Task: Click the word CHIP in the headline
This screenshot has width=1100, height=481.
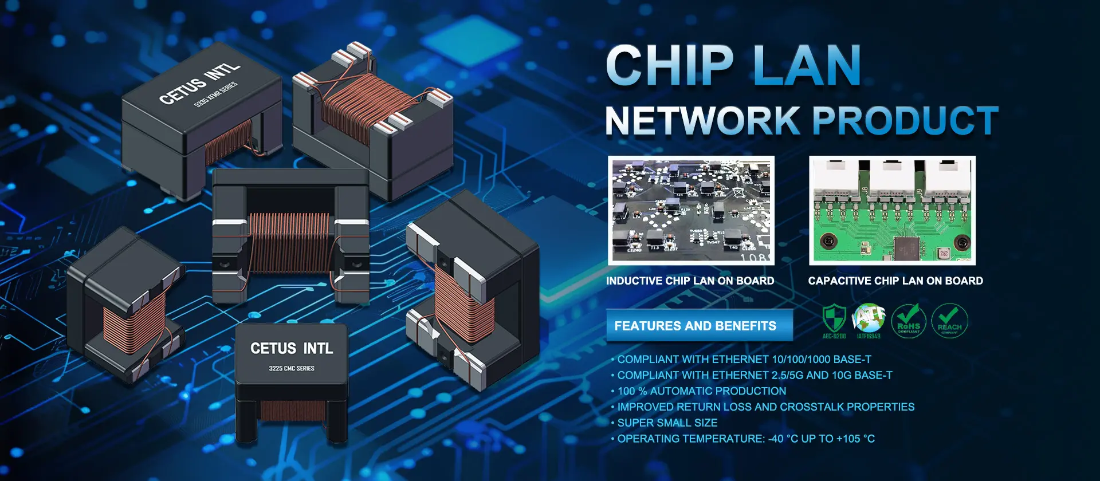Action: click(x=669, y=65)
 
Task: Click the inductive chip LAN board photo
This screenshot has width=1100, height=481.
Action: click(x=691, y=210)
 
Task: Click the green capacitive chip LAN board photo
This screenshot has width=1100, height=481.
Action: click(x=892, y=210)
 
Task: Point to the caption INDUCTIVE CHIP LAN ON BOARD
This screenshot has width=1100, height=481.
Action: click(x=690, y=281)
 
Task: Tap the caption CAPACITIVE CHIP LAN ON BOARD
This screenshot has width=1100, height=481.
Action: click(x=895, y=281)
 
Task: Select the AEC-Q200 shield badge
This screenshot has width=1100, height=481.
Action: click(x=834, y=321)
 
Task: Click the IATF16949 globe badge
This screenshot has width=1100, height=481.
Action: click(x=869, y=321)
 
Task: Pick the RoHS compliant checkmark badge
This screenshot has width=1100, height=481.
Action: click(x=909, y=321)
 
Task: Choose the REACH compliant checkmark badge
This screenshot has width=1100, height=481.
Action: click(x=949, y=321)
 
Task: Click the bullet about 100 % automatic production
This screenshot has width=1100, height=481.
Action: click(x=701, y=391)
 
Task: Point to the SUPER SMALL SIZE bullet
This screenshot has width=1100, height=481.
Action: click(x=667, y=423)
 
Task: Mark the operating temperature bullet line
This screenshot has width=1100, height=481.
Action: click(x=745, y=439)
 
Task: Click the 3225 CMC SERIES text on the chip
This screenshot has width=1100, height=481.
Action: click(x=292, y=368)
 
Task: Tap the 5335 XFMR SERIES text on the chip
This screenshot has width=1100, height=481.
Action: click(x=216, y=94)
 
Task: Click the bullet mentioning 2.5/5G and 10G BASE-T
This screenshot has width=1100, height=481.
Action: click(x=754, y=375)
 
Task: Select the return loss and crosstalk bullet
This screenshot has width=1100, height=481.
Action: click(x=765, y=407)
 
